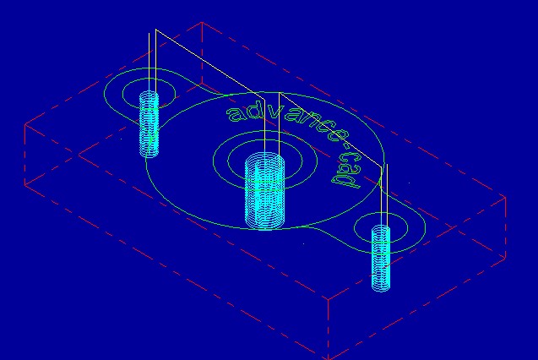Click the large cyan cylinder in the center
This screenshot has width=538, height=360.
click(x=264, y=190)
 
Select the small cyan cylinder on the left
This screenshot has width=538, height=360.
click(x=149, y=123)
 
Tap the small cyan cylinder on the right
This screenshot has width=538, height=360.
click(x=381, y=258)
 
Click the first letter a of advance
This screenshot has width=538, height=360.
click(x=235, y=113)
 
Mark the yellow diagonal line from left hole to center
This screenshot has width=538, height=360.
click(x=210, y=64)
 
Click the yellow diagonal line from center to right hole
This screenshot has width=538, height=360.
click(x=330, y=129)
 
